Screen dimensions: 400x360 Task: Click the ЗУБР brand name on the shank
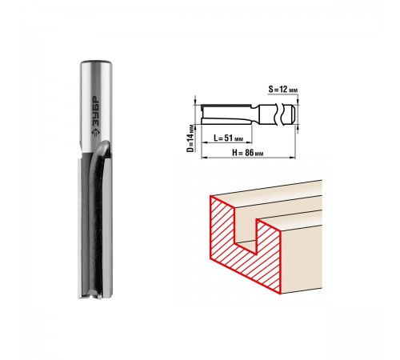[x=96, y=111]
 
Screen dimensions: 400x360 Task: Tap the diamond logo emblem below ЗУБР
[x=95, y=132]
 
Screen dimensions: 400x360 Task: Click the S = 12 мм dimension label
[x=282, y=90]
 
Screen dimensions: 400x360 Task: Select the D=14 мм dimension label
[x=190, y=138]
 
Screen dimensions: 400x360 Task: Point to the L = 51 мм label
[x=228, y=138]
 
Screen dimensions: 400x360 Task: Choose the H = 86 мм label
[x=248, y=153]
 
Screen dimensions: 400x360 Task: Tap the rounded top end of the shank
[x=96, y=63]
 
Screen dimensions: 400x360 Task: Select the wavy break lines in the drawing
[x=279, y=114]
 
